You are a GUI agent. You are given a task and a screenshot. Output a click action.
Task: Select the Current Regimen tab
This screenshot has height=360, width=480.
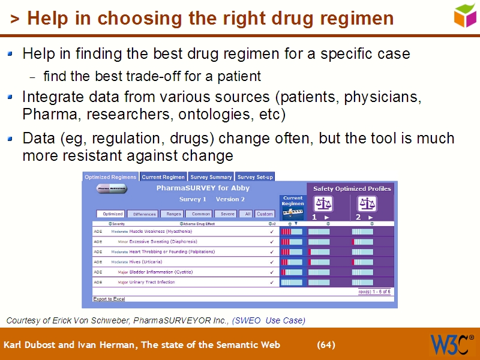tap(163, 177)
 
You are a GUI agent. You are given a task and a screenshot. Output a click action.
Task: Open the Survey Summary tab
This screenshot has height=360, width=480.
tap(211, 177)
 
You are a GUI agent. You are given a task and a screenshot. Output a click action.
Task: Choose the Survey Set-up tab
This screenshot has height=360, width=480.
tap(255, 177)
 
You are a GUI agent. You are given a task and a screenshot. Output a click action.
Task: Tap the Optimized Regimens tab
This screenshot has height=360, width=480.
tap(110, 177)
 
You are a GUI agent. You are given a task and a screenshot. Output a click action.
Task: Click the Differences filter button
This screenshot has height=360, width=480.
tap(145, 214)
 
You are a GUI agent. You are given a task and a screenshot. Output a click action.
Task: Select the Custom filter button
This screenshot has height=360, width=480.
tap(265, 214)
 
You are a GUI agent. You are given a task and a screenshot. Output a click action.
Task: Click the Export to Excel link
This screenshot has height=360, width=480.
tap(109, 299)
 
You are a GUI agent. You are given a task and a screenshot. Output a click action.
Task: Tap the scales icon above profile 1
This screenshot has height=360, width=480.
tap(323, 204)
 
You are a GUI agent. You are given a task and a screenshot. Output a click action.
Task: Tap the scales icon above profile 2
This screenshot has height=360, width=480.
tap(367, 204)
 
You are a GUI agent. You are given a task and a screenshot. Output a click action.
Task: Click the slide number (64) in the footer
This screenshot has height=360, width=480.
tap(326, 345)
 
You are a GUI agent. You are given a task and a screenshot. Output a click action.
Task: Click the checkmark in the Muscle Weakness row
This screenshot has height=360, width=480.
tap(272, 232)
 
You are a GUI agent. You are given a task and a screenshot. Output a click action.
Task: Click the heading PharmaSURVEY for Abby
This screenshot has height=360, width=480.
tap(203, 188)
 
